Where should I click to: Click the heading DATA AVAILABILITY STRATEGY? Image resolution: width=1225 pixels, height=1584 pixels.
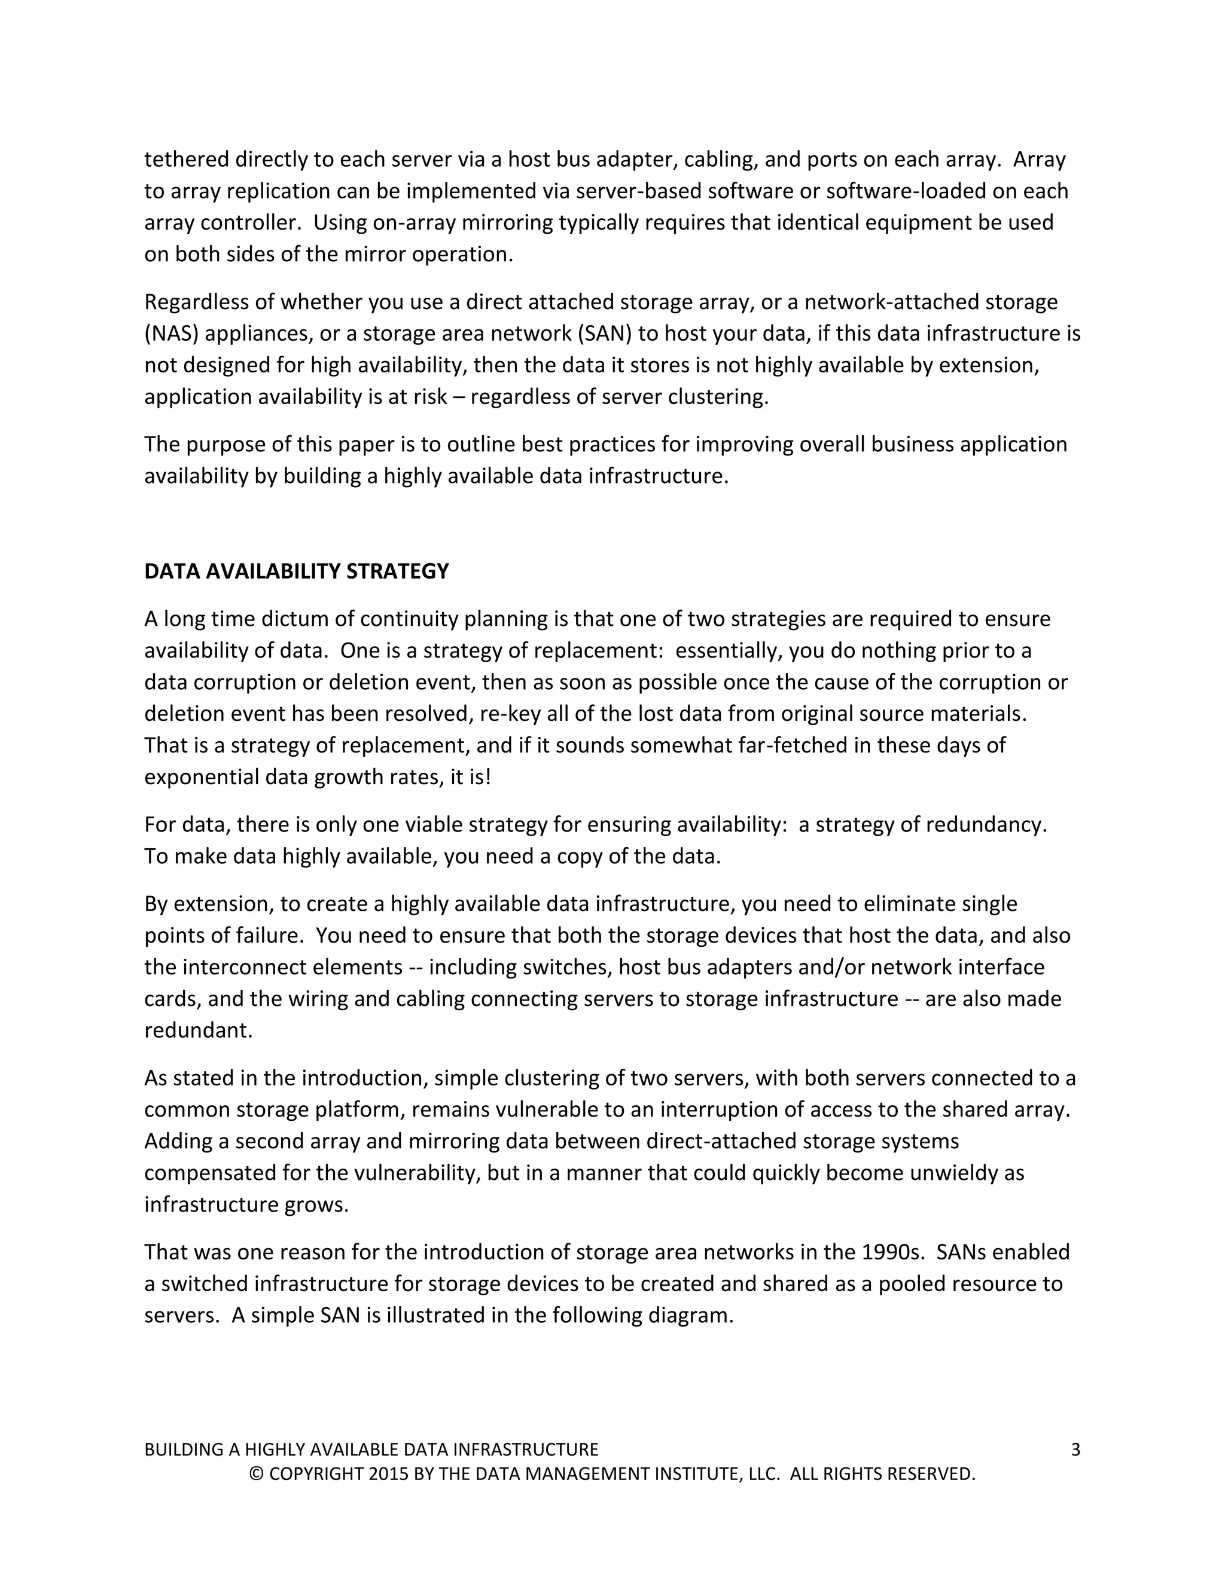coord(296,571)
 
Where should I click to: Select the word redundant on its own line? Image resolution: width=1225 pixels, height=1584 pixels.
coord(198,1030)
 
